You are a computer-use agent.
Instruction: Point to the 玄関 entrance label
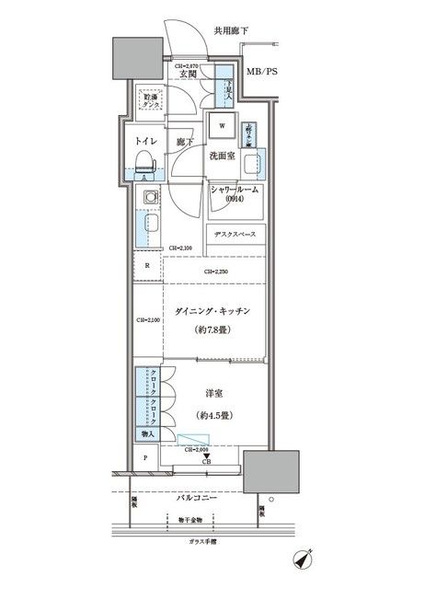coord(188,75)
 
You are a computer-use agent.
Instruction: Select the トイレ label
coord(147,141)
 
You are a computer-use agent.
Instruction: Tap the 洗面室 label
coord(223,156)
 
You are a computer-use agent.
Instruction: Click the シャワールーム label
coord(235,190)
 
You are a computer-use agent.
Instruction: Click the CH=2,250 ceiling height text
coord(216,271)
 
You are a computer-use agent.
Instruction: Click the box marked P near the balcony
coord(144,457)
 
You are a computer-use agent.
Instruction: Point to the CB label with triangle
coord(206,457)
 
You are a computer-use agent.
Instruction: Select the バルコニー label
coord(197,497)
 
